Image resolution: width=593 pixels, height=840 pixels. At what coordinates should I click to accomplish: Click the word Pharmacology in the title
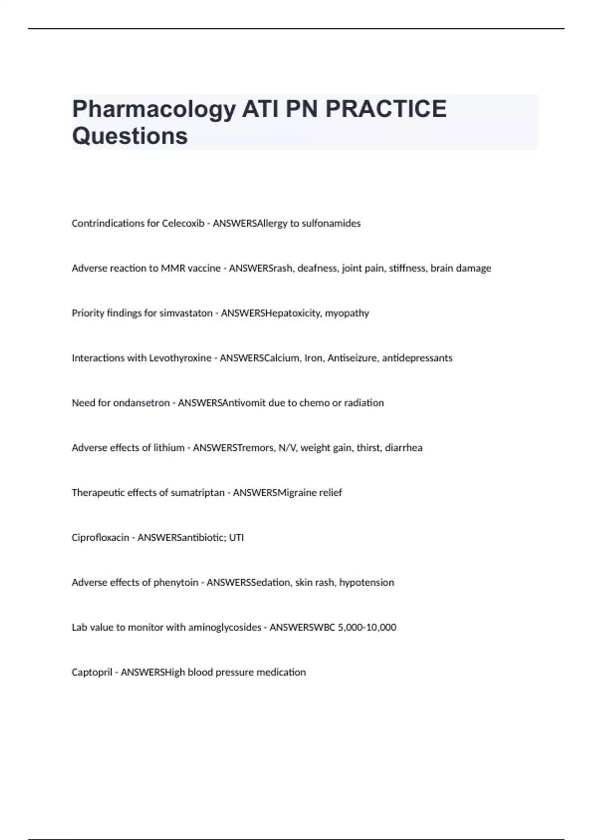pos(154,109)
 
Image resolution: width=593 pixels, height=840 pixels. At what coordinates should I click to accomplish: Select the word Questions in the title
pos(130,136)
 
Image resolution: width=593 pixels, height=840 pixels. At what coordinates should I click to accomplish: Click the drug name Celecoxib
pos(183,223)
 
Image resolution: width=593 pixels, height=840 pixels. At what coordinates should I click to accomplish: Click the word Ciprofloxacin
pos(100,538)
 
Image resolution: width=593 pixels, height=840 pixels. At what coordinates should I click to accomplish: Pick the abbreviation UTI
pos(236,538)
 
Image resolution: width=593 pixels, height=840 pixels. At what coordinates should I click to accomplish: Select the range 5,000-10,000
pos(367,628)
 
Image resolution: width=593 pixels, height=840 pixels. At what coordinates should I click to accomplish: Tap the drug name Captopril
pos(92,672)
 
